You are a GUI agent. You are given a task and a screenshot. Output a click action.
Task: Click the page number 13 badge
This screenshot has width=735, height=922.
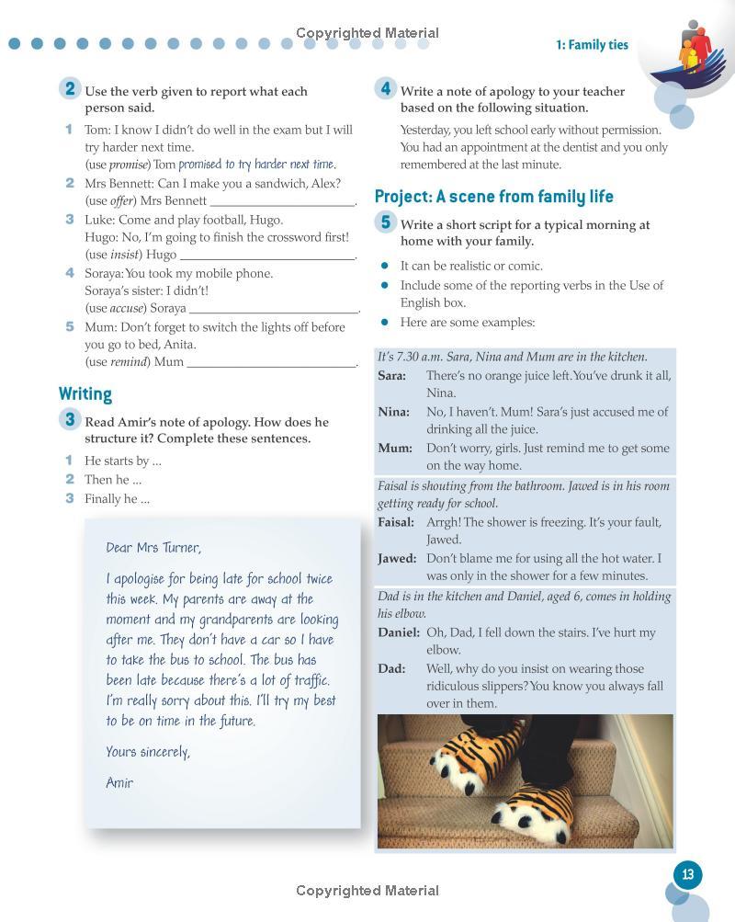687,874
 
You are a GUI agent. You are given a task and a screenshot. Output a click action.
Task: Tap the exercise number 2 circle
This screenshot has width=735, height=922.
69,89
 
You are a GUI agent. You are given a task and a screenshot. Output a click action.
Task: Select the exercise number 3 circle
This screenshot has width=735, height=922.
69,420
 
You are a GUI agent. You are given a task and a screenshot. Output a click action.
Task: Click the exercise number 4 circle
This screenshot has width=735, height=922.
385,89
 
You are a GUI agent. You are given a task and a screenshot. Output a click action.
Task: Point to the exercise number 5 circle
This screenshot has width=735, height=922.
385,222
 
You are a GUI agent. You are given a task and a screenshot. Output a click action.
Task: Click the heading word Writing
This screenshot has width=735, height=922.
85,393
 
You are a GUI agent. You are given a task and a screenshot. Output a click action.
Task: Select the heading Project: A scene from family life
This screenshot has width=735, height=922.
493,196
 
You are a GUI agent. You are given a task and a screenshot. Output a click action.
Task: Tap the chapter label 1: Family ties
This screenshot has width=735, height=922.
592,45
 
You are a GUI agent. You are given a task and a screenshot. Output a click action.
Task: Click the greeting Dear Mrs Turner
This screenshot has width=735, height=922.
153,547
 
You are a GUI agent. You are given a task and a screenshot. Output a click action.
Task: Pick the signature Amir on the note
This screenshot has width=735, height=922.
119,782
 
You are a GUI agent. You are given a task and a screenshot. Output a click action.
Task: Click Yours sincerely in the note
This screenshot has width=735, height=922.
148,752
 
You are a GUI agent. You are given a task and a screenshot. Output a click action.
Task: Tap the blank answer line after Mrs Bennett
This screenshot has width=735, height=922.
282,201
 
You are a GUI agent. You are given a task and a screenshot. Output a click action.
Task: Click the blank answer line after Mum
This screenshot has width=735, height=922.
271,362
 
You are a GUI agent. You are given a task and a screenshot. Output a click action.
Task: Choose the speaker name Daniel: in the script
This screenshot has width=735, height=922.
399,632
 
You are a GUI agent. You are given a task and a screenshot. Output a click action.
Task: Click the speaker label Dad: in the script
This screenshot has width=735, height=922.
391,668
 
